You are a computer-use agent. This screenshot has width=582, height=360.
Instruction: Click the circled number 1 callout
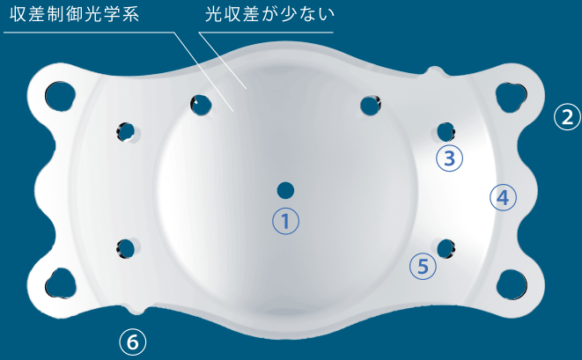click(x=285, y=221)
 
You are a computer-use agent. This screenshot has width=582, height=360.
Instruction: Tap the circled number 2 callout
click(x=567, y=117)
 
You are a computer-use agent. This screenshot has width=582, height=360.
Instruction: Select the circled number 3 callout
click(x=449, y=158)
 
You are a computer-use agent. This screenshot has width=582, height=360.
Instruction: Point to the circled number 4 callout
click(x=503, y=197)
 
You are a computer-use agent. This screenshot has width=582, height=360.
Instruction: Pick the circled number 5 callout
click(x=423, y=266)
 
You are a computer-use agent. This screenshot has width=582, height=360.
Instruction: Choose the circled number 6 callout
click(x=132, y=342)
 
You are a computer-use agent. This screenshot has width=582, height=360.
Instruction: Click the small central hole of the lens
click(x=285, y=191)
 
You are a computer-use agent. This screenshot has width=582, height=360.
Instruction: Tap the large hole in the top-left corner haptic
click(x=60, y=96)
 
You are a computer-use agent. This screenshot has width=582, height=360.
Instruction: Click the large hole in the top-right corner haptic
click(x=511, y=97)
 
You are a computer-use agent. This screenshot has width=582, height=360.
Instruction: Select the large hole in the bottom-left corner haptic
click(x=60, y=283)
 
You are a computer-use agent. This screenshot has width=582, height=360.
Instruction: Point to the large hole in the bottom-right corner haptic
click(x=512, y=284)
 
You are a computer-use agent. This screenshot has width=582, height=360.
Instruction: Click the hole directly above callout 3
click(x=446, y=132)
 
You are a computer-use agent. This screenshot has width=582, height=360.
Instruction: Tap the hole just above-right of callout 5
click(x=446, y=249)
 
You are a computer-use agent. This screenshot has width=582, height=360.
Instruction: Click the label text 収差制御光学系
click(x=75, y=14)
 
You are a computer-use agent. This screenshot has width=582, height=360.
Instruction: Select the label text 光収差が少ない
click(x=269, y=14)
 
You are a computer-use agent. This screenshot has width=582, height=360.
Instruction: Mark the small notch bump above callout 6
click(x=136, y=310)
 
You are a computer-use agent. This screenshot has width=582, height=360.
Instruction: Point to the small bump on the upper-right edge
click(x=434, y=71)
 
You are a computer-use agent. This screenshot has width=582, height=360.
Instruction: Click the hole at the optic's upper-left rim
click(x=201, y=105)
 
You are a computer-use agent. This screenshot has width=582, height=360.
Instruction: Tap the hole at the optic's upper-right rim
click(x=371, y=106)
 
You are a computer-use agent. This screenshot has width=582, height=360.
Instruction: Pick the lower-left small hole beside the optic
click(x=126, y=249)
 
